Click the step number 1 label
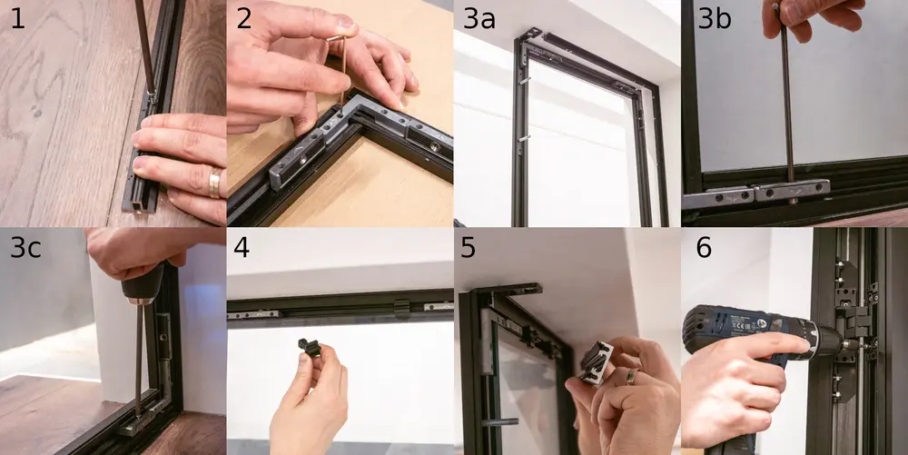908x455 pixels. point(18,19)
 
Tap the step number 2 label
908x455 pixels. point(243,19)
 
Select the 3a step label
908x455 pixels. point(479,19)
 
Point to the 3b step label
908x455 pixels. point(715,19)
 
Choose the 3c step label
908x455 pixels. point(25,247)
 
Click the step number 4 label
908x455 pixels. point(242,247)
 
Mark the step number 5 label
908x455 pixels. point(468,247)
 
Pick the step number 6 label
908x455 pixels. point(704,247)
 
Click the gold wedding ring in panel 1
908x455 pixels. point(214,183)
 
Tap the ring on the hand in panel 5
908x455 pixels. point(632,376)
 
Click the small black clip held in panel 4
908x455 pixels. point(310,347)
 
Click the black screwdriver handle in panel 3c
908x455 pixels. point(143,283)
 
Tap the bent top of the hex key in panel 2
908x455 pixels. point(336,38)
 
